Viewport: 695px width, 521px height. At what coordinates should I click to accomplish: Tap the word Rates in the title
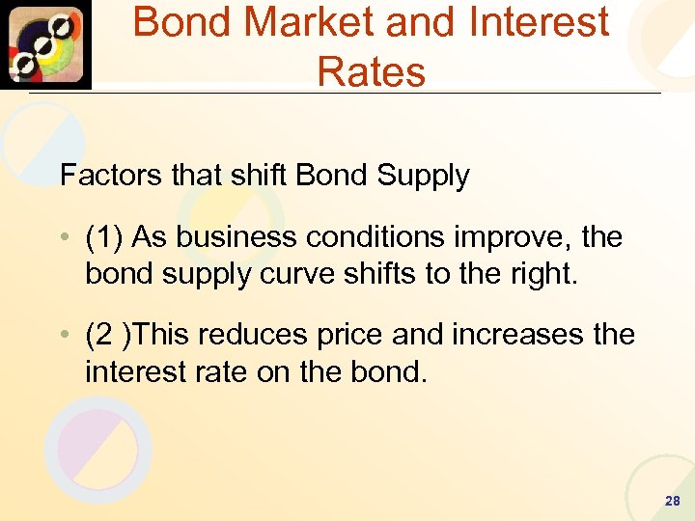(x=371, y=71)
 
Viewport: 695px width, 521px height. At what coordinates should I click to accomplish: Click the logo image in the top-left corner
(x=46, y=44)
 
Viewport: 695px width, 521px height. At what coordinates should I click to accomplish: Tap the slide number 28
(x=673, y=502)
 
